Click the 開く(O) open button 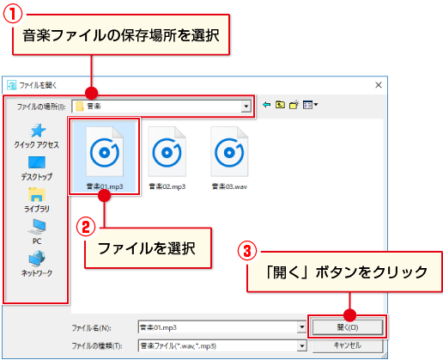point(348,327)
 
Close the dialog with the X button point(379,85)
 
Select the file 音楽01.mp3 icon point(105,152)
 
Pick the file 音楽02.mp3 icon point(167,152)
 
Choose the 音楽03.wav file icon point(229,152)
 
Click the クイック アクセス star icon point(38,131)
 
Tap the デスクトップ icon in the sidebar point(37,162)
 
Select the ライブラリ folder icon point(37,194)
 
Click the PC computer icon point(37,227)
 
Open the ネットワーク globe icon point(37,258)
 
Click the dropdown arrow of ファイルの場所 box point(246,107)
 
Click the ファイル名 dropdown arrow point(301,327)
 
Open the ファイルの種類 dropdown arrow point(301,346)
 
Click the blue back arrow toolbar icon point(266,105)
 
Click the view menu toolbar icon point(310,105)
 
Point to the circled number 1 point(13,15)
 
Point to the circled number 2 point(86,227)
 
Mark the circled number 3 point(247,251)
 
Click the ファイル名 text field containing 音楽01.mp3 point(218,327)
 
